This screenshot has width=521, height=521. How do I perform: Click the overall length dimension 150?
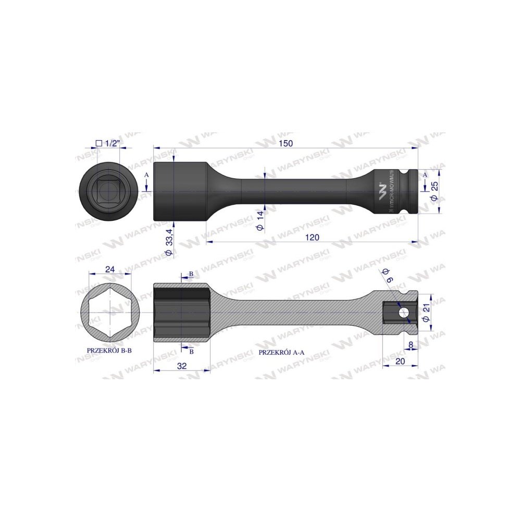click(286, 143)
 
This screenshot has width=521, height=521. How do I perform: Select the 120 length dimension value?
click(312, 237)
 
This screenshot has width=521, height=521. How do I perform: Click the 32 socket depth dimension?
click(181, 366)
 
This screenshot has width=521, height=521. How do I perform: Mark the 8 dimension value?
click(411, 344)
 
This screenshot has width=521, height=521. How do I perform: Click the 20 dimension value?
click(400, 361)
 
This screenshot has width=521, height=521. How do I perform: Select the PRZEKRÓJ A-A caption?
click(282, 352)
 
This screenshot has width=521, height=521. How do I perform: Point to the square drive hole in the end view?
click(108, 191)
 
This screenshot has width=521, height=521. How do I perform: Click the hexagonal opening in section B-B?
click(109, 313)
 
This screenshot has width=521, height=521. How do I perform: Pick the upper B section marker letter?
click(191, 274)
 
